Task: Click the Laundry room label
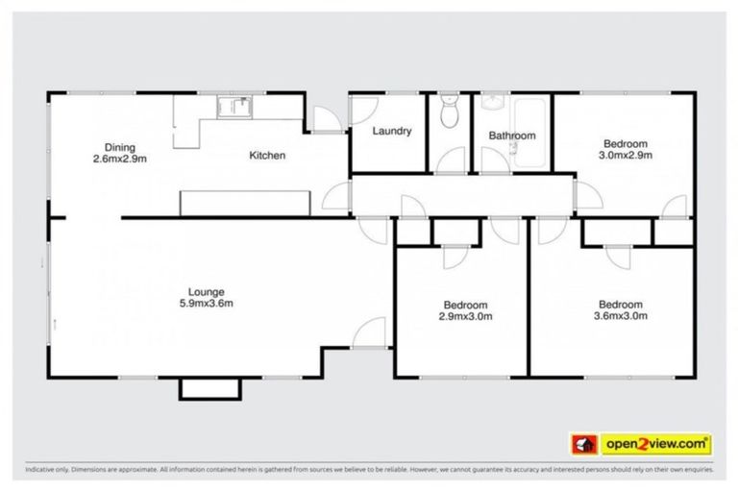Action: click(391, 131)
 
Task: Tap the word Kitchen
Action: click(267, 155)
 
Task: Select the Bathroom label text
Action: click(511, 135)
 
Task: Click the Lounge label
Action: click(206, 291)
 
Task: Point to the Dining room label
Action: click(120, 146)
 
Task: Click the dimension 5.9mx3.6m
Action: click(206, 303)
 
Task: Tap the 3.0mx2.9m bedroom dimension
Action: click(626, 154)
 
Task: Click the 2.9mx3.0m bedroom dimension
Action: click(465, 315)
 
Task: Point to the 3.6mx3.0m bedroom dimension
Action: click(621, 314)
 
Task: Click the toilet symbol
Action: click(449, 114)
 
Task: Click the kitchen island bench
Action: click(245, 202)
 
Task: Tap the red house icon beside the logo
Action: click(583, 444)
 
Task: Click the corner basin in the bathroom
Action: click(494, 102)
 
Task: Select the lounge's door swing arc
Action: click(366, 332)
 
